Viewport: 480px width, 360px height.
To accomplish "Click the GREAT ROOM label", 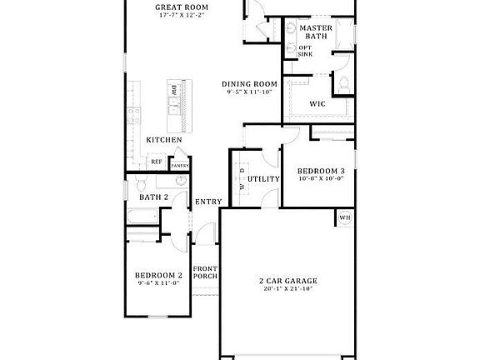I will click(x=181, y=8).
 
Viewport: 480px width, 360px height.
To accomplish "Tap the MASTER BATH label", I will click(x=316, y=32).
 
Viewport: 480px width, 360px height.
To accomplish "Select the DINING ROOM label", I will click(x=249, y=84).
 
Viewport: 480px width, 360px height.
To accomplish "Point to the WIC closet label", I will click(x=317, y=104).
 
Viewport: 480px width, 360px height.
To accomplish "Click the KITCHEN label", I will click(x=164, y=140).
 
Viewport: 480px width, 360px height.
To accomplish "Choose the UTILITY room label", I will click(x=262, y=179).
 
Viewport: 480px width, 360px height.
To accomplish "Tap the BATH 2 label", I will click(x=154, y=197).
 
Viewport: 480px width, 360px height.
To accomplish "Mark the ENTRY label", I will click(x=207, y=202).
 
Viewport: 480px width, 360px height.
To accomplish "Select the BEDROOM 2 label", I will click(x=159, y=275).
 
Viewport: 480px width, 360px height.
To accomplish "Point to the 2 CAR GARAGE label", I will click(x=287, y=281).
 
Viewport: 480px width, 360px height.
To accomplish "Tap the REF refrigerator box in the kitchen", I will click(x=156, y=162).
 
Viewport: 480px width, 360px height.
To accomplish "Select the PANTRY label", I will click(x=180, y=165).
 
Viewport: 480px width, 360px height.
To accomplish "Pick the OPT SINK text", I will click(x=306, y=51).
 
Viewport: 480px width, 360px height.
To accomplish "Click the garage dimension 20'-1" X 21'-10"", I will click(x=287, y=289).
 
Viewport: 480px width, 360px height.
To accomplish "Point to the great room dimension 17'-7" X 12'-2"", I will click(x=182, y=17).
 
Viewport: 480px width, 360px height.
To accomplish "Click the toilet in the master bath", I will click(x=341, y=82).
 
